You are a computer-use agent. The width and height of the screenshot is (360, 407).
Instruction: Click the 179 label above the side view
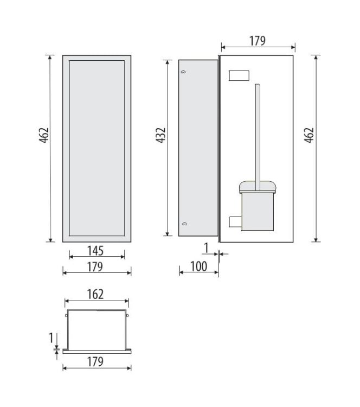[257, 41]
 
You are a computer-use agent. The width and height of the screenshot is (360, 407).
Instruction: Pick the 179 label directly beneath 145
[95, 266]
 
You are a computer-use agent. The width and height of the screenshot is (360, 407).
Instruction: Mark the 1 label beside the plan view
[52, 338]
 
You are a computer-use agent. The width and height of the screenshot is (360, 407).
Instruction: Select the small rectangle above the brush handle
[239, 75]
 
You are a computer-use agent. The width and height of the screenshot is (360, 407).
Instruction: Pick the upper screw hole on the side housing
[184, 72]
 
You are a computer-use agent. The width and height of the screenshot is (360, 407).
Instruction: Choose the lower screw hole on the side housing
[184, 224]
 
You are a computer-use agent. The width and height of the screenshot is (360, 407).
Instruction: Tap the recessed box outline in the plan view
[97, 328]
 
